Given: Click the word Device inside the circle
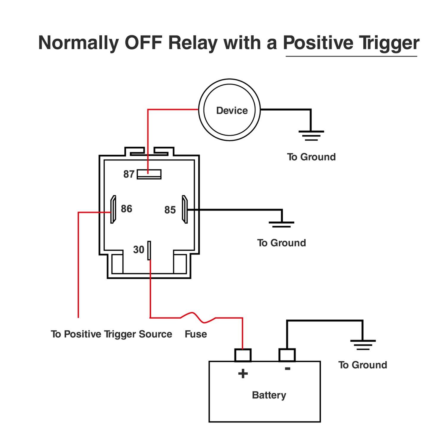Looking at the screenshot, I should (x=232, y=111).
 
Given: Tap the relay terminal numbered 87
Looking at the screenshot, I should (x=149, y=174).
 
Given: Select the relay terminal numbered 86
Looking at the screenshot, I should (x=113, y=209).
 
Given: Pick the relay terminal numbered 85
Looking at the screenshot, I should (x=185, y=209).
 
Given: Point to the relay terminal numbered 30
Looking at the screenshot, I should (x=149, y=250).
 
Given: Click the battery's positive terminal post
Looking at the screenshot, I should (x=243, y=355).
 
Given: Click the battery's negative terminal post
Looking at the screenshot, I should (x=287, y=355).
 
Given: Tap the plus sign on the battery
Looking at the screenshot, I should (x=243, y=373).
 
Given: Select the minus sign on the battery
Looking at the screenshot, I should (x=288, y=369).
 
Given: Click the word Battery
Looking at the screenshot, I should (x=269, y=395).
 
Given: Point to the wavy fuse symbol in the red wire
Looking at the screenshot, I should (x=197, y=317).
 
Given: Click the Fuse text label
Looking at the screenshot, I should (x=196, y=334).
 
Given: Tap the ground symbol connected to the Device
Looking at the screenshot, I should (x=311, y=135).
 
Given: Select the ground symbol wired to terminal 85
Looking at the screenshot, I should (x=281, y=224).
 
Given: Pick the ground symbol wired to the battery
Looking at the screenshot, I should (x=363, y=345).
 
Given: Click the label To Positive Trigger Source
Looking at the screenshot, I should (x=111, y=334).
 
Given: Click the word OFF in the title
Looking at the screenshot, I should (x=143, y=43).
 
